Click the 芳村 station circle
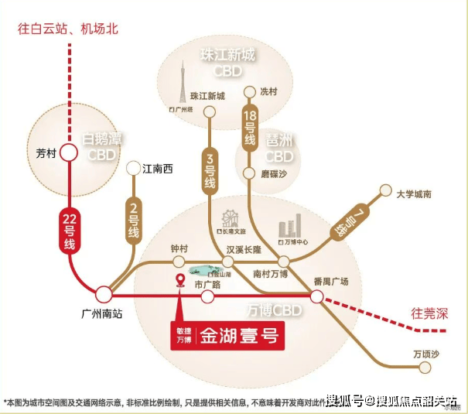69,153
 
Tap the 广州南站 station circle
104,294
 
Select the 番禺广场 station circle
317,295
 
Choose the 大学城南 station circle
385,190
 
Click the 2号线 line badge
133,219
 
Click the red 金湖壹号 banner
224,337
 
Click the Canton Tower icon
183,86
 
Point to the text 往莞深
429,313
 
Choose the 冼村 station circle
249,93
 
